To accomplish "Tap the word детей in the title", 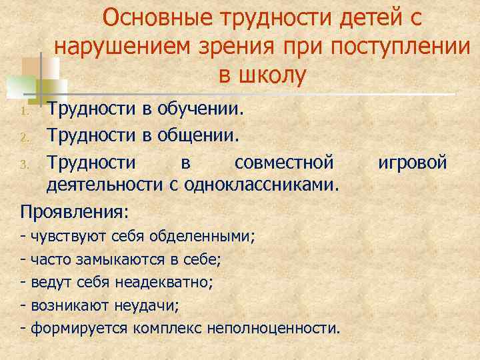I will click(368, 18).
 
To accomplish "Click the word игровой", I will click(413, 162).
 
